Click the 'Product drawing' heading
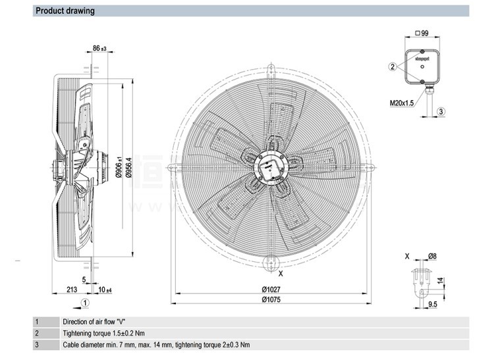pos(65,11)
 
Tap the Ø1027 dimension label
pos(271,290)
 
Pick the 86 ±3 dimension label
pos(99,48)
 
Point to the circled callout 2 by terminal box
pos(393,67)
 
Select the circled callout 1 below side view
pos(85,302)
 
